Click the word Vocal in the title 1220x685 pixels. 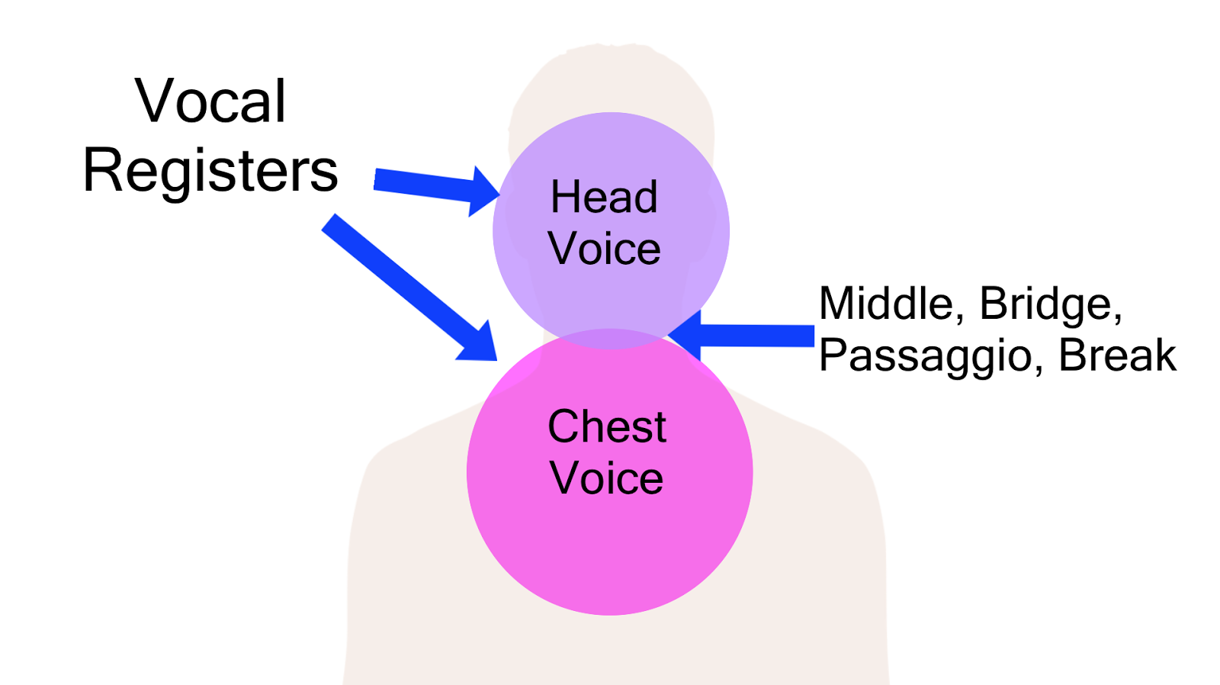[210, 101]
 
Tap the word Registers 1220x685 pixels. [210, 171]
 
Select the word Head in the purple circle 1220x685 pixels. [604, 197]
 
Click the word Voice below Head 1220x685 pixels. [604, 249]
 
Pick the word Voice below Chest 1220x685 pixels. [607, 478]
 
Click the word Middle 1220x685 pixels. [885, 304]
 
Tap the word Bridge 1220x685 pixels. [1050, 304]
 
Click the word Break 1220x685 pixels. [1117, 355]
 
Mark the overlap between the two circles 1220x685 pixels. [610, 339]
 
